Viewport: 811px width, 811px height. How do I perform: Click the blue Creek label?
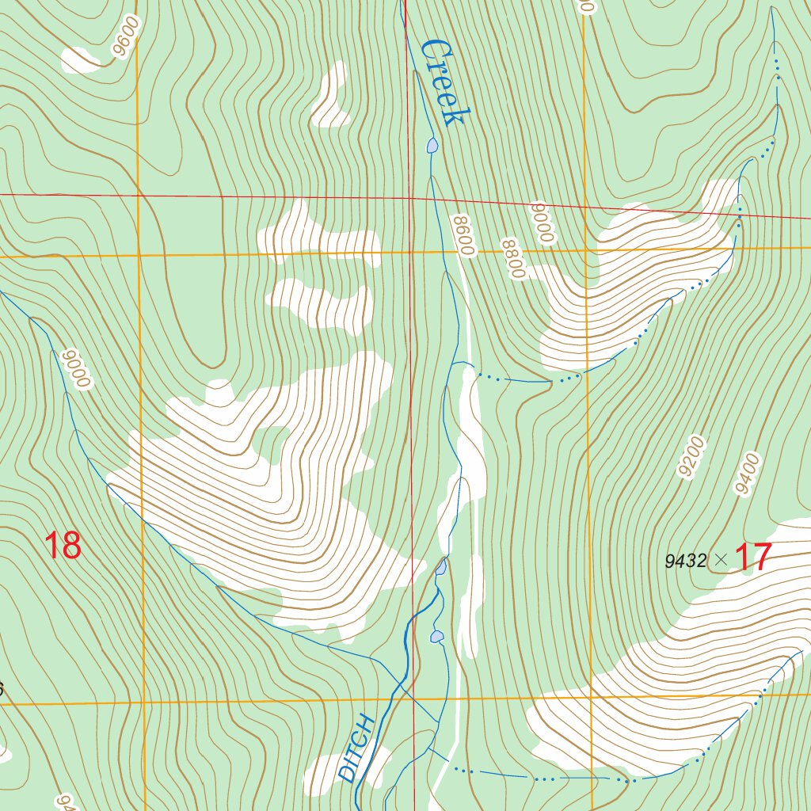coord(441,82)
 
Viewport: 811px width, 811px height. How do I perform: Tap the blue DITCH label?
coord(356,748)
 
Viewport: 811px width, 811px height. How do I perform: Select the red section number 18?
coord(62,546)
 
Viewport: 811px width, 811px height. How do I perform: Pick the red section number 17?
coord(752,558)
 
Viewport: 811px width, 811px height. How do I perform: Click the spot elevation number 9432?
coord(686,561)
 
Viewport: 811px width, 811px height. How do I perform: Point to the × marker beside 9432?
coord(720,560)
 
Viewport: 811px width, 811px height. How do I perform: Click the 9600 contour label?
coord(125,36)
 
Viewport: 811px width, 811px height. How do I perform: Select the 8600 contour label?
coord(463,235)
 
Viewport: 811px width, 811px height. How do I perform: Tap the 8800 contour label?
coord(513,259)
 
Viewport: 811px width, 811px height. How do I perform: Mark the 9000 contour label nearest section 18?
coord(79,369)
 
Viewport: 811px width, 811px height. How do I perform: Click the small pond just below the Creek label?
coord(432,145)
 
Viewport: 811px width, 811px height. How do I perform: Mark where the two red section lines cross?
coord(408,198)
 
